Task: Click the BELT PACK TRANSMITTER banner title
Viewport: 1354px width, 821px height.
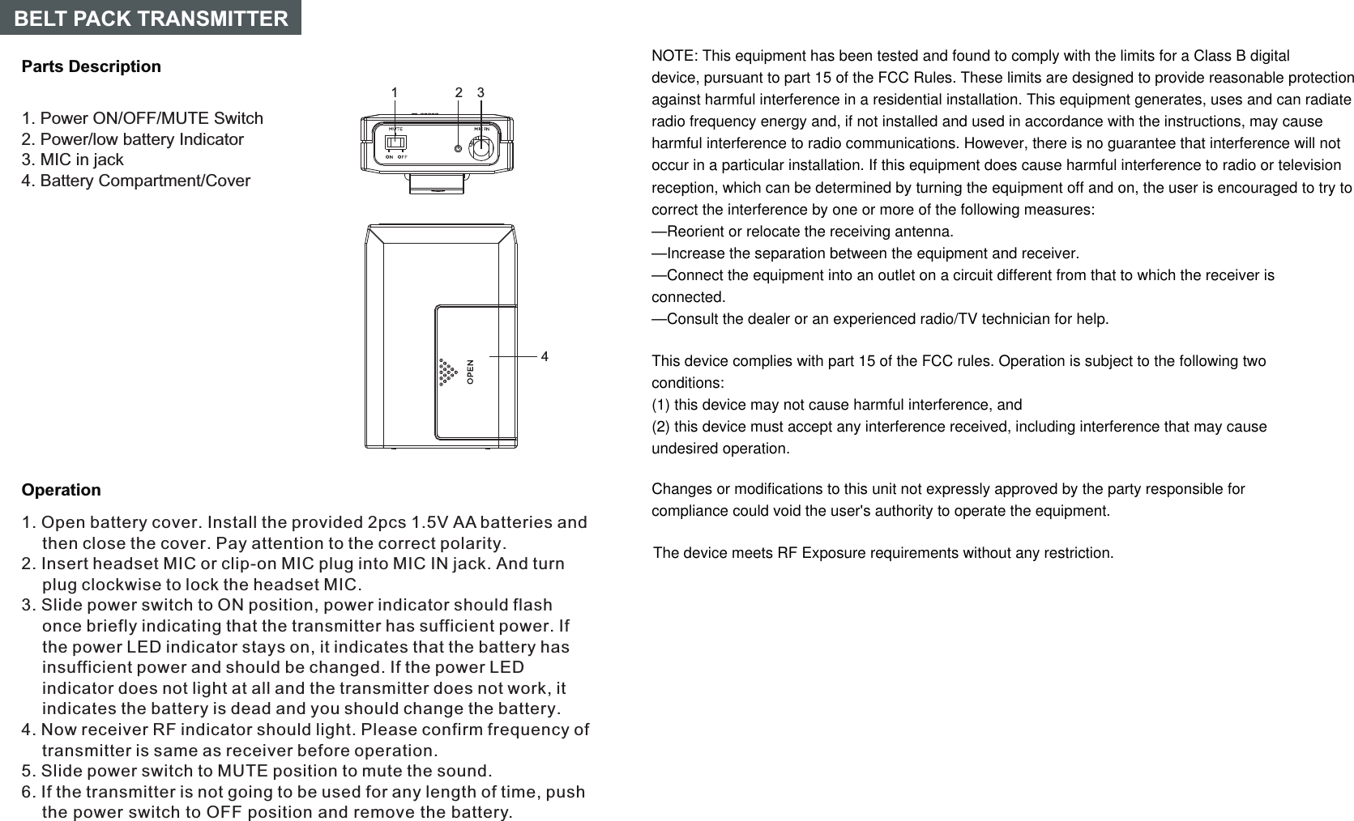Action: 151,18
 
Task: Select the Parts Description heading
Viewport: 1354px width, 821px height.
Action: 91,66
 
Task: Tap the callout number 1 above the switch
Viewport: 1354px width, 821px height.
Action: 395,92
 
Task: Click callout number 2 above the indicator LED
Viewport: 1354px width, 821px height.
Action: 459,92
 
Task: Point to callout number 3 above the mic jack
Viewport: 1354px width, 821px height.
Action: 481,92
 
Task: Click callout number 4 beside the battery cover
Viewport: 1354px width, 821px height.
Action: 545,356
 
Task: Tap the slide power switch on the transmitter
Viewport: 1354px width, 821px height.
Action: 395,143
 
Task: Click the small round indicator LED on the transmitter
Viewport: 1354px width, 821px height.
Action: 458,149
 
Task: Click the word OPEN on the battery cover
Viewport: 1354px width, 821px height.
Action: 470,372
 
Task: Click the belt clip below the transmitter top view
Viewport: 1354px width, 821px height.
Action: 437,183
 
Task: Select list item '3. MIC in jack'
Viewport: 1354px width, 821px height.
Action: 72,160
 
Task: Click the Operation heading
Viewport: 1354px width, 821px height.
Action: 61,490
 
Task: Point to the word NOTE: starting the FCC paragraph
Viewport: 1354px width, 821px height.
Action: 674,56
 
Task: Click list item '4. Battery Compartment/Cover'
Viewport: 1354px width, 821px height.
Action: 135,181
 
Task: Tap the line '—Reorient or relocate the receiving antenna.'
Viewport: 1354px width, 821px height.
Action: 802,232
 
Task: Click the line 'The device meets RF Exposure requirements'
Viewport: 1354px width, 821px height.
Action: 882,553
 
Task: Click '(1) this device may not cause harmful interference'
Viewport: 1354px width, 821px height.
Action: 836,405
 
